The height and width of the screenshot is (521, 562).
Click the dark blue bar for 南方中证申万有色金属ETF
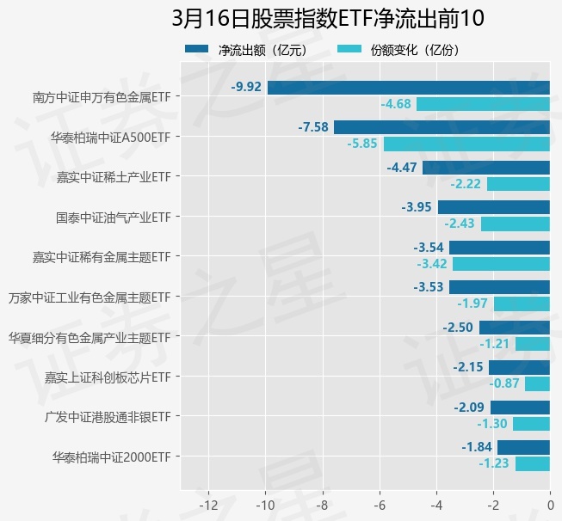(408, 87)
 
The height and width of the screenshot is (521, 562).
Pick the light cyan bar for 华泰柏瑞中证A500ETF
(466, 144)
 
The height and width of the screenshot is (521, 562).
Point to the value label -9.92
(246, 87)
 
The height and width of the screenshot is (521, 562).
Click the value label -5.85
(362, 144)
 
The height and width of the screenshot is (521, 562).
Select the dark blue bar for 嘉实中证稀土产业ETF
(485, 168)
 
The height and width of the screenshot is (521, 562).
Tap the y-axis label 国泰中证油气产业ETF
(113, 217)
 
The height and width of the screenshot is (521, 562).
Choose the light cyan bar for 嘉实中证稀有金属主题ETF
(501, 264)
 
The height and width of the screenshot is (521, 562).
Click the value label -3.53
(429, 287)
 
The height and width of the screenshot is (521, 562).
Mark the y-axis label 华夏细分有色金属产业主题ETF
(89, 337)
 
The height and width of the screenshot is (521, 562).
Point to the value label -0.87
(504, 383)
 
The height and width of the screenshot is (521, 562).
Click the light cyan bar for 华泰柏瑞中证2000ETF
(532, 463)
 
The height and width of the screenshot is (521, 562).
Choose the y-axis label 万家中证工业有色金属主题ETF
(89, 297)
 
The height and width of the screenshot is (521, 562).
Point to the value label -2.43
(460, 224)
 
